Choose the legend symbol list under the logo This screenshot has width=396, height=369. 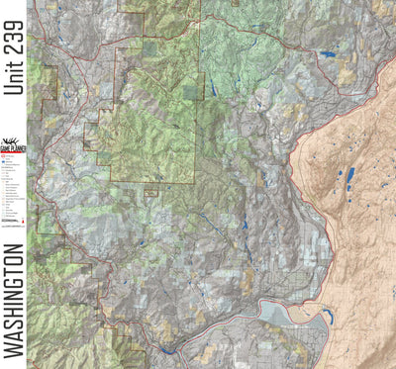(x=13, y=193)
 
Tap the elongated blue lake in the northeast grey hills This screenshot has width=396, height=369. (x=326, y=53)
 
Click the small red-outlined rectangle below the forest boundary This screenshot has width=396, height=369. (x=150, y=193)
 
